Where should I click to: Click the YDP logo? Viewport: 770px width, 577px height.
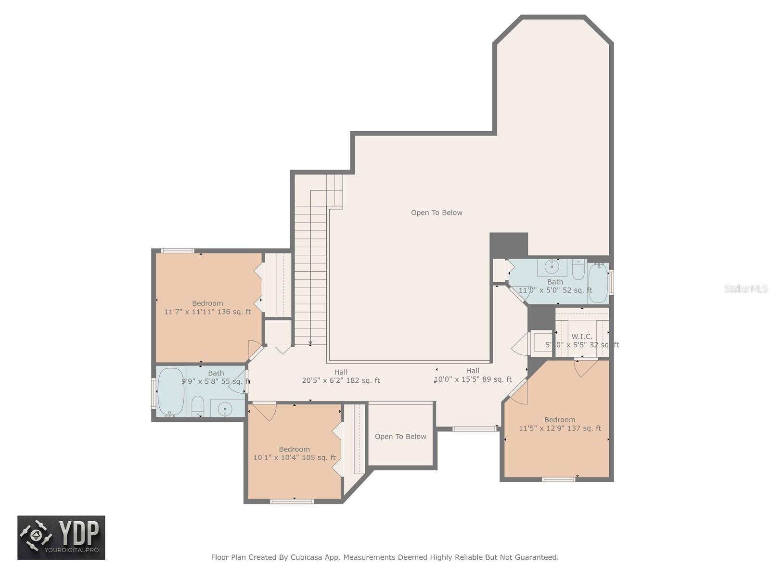61,538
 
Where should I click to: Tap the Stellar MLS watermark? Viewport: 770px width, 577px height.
746,288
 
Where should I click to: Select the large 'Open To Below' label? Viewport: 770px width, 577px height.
436,213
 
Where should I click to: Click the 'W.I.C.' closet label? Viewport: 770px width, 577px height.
582,336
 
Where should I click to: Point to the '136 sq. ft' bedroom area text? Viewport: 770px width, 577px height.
234,312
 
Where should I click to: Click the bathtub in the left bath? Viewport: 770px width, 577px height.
171,392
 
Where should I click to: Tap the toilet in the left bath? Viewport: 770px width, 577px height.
198,406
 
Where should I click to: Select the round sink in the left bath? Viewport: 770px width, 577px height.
225,408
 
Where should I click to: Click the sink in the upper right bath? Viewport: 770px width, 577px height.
552,267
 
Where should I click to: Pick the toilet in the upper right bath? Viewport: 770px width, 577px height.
578,269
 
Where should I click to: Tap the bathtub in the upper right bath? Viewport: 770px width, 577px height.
598,283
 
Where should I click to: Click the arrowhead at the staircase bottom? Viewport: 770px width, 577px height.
310,344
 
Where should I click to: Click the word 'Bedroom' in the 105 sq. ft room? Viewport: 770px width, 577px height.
294,449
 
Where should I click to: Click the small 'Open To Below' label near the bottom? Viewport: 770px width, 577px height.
400,437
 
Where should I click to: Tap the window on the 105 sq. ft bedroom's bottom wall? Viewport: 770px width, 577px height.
292,502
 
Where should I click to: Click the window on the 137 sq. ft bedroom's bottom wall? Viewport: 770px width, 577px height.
558,479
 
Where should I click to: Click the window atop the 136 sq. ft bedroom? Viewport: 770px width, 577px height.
178,251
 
